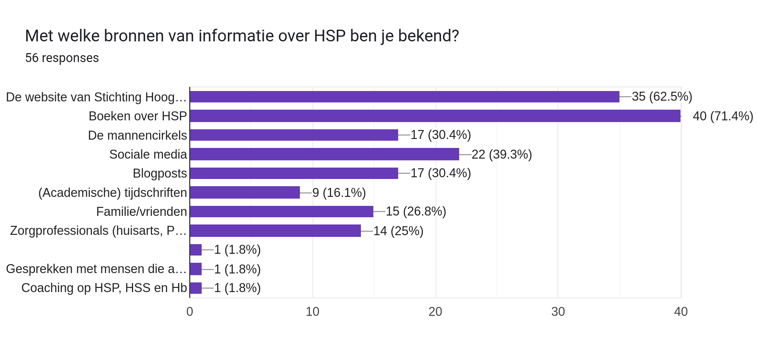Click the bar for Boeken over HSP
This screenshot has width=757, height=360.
(435, 116)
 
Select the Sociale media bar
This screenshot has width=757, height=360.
(324, 154)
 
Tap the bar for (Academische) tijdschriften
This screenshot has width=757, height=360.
(245, 192)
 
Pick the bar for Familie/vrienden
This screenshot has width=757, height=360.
(281, 211)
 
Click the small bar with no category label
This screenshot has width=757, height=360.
(196, 250)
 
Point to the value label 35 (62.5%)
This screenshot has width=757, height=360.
(662, 97)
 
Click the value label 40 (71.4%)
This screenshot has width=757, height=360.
(723, 116)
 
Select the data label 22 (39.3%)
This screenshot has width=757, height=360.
(502, 154)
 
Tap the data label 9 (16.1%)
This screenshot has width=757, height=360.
(339, 193)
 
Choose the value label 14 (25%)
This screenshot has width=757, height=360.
(398, 231)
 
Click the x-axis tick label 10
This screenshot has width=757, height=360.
(312, 312)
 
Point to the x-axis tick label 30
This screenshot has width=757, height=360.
(558, 312)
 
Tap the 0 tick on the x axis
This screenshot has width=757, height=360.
(190, 312)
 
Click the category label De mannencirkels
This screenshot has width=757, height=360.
(137, 136)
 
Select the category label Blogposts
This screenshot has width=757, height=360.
(160, 173)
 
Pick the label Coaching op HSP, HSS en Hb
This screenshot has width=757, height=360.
(104, 288)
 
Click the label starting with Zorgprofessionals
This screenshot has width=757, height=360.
(98, 231)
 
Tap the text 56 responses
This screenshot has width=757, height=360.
(62, 58)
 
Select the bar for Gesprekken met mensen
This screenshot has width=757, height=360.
(196, 269)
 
